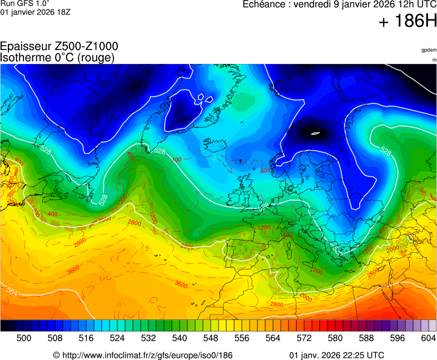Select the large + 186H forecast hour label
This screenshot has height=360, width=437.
pos(408,22)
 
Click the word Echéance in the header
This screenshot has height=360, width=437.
pos(264,4)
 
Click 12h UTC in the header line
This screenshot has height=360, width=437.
pos(415,4)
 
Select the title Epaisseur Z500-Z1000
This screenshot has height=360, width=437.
pos(59,47)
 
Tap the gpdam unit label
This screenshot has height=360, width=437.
pos(429,50)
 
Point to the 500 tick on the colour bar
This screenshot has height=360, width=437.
pos(24,338)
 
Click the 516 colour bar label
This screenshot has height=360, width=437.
pos(86,338)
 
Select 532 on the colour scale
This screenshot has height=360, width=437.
pos(148,338)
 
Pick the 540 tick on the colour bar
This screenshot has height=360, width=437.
pos(180,338)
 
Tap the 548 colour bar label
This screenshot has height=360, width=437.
pos(211,338)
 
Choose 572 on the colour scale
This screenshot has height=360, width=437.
pos(304,338)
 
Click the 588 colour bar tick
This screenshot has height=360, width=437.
pos(366,338)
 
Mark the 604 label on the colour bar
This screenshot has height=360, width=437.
pos(428,338)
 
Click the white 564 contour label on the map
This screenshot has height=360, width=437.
pos(12,291)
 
